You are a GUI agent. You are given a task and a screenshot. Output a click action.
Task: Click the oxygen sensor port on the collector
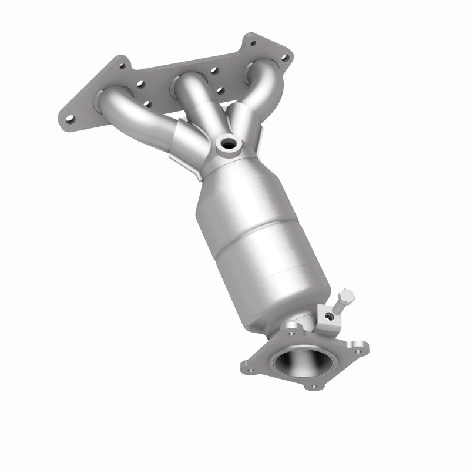click(x=227, y=143)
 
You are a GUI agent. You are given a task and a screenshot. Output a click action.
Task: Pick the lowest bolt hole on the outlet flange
click(x=313, y=386)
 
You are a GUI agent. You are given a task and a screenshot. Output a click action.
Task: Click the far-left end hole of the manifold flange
click(x=70, y=119)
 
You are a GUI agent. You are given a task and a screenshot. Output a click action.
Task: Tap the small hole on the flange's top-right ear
click(x=253, y=43)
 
